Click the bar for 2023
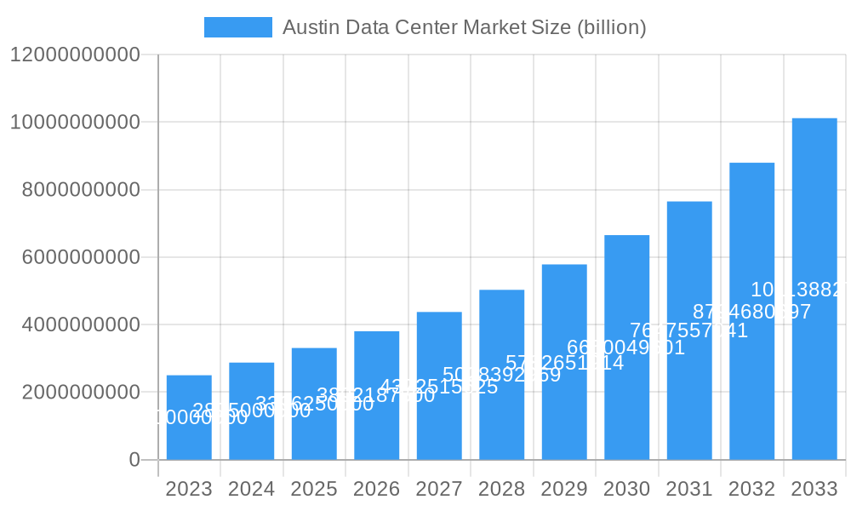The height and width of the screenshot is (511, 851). [x=189, y=417]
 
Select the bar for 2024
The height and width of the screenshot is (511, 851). [x=252, y=411]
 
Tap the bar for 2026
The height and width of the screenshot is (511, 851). [x=377, y=395]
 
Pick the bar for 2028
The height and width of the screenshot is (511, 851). [x=502, y=375]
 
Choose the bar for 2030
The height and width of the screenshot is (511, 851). [x=627, y=347]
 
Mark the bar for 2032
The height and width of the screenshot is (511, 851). [x=752, y=311]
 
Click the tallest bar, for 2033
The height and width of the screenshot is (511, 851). [x=814, y=289]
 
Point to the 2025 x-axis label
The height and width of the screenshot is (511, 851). [x=314, y=490]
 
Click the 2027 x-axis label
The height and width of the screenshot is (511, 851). [x=439, y=490]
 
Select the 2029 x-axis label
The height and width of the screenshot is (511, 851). [x=564, y=490]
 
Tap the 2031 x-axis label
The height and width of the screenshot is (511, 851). [x=689, y=490]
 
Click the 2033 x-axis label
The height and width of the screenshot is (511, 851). [x=814, y=490]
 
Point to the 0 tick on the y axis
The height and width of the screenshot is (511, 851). [x=134, y=460]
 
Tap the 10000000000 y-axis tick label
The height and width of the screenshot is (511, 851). [x=75, y=123]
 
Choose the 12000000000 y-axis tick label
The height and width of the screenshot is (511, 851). [x=75, y=55]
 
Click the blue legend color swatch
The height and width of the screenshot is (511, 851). [x=238, y=27]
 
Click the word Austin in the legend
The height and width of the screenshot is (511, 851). [x=308, y=27]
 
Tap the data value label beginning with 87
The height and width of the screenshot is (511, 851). [x=751, y=312]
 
